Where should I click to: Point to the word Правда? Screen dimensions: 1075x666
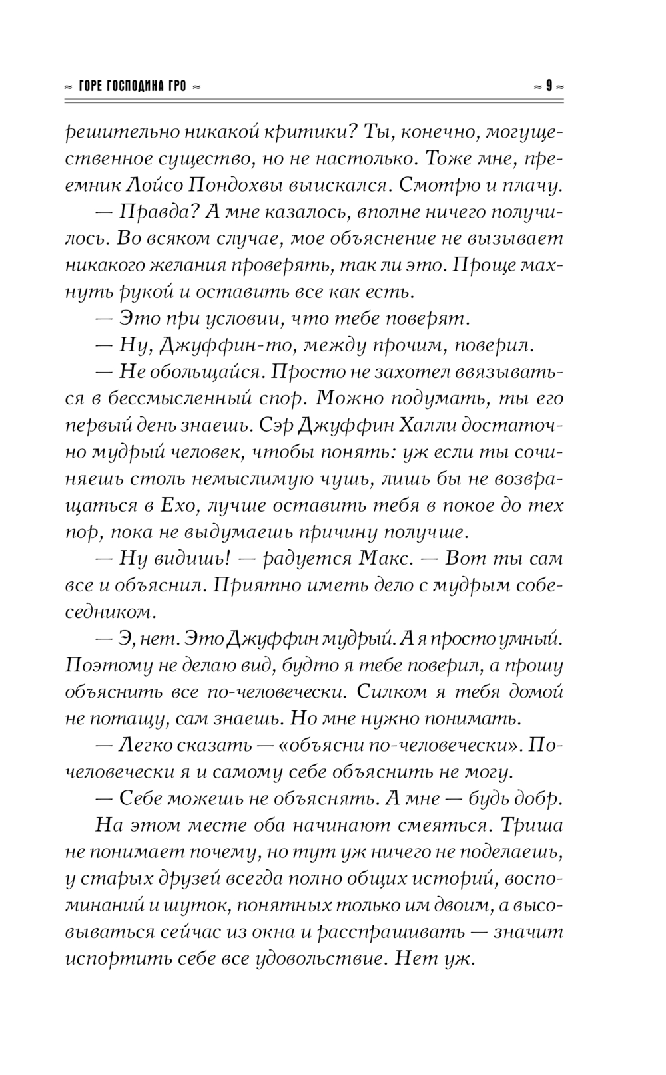click(154, 212)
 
